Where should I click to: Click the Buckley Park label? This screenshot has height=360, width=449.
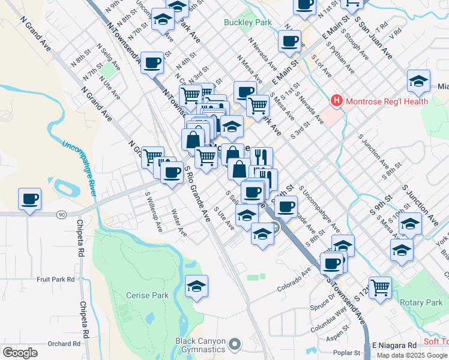click(247, 23)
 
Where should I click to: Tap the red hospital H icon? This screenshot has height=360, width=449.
click(336, 101)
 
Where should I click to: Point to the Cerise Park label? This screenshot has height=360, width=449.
click(147, 295)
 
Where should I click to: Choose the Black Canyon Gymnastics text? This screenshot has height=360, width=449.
click(200, 344)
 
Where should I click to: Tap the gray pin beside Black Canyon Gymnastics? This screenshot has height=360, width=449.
click(235, 344)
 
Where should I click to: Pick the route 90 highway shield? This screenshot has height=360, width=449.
click(61, 214)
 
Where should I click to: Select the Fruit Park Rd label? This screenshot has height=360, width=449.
click(55, 280)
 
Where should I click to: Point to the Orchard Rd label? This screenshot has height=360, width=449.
click(64, 344)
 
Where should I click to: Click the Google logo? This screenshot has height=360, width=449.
click(20, 353)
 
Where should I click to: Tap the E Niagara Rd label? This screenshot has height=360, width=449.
click(394, 345)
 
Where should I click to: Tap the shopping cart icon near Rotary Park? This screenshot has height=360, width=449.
click(379, 287)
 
